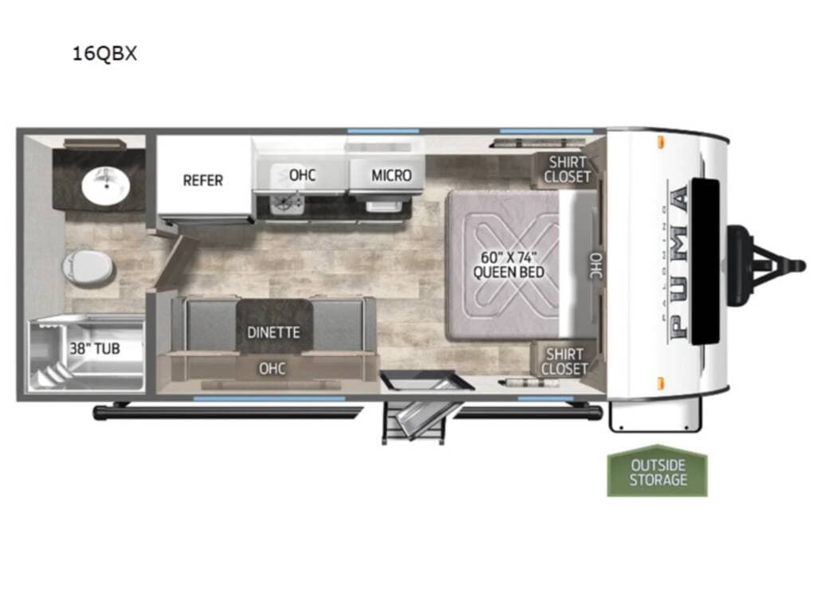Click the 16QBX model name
[x=104, y=53]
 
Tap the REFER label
[x=203, y=181]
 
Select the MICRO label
[x=391, y=175]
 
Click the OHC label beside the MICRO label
[x=302, y=175]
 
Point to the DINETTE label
[x=274, y=332]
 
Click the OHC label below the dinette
[x=273, y=368]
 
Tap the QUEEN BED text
[x=508, y=272]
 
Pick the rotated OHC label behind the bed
[x=596, y=265]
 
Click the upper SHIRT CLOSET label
[x=567, y=170]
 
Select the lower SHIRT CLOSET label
[x=565, y=362]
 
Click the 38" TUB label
[x=95, y=348]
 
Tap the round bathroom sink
[x=106, y=186]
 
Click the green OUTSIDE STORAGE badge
[x=657, y=471]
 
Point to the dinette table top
[x=274, y=326]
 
